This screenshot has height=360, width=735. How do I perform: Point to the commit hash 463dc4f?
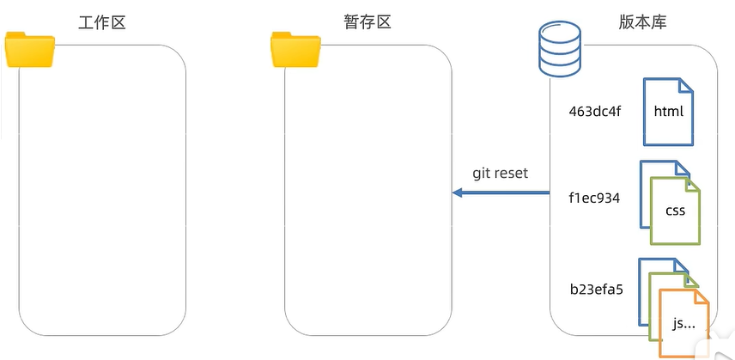coord(594,112)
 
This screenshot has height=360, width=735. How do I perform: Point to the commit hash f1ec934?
coord(594,198)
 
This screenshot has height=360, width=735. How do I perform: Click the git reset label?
coord(500,174)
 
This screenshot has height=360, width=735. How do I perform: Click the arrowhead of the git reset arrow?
coord(458,193)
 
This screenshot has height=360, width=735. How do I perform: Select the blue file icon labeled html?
coord(668,112)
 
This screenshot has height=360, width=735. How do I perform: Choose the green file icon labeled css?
coord(675,211)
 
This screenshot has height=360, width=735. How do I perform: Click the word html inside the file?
coord(668,112)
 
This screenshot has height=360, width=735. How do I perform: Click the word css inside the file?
coord(675,211)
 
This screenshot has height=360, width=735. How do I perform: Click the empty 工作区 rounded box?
coord(103,189)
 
